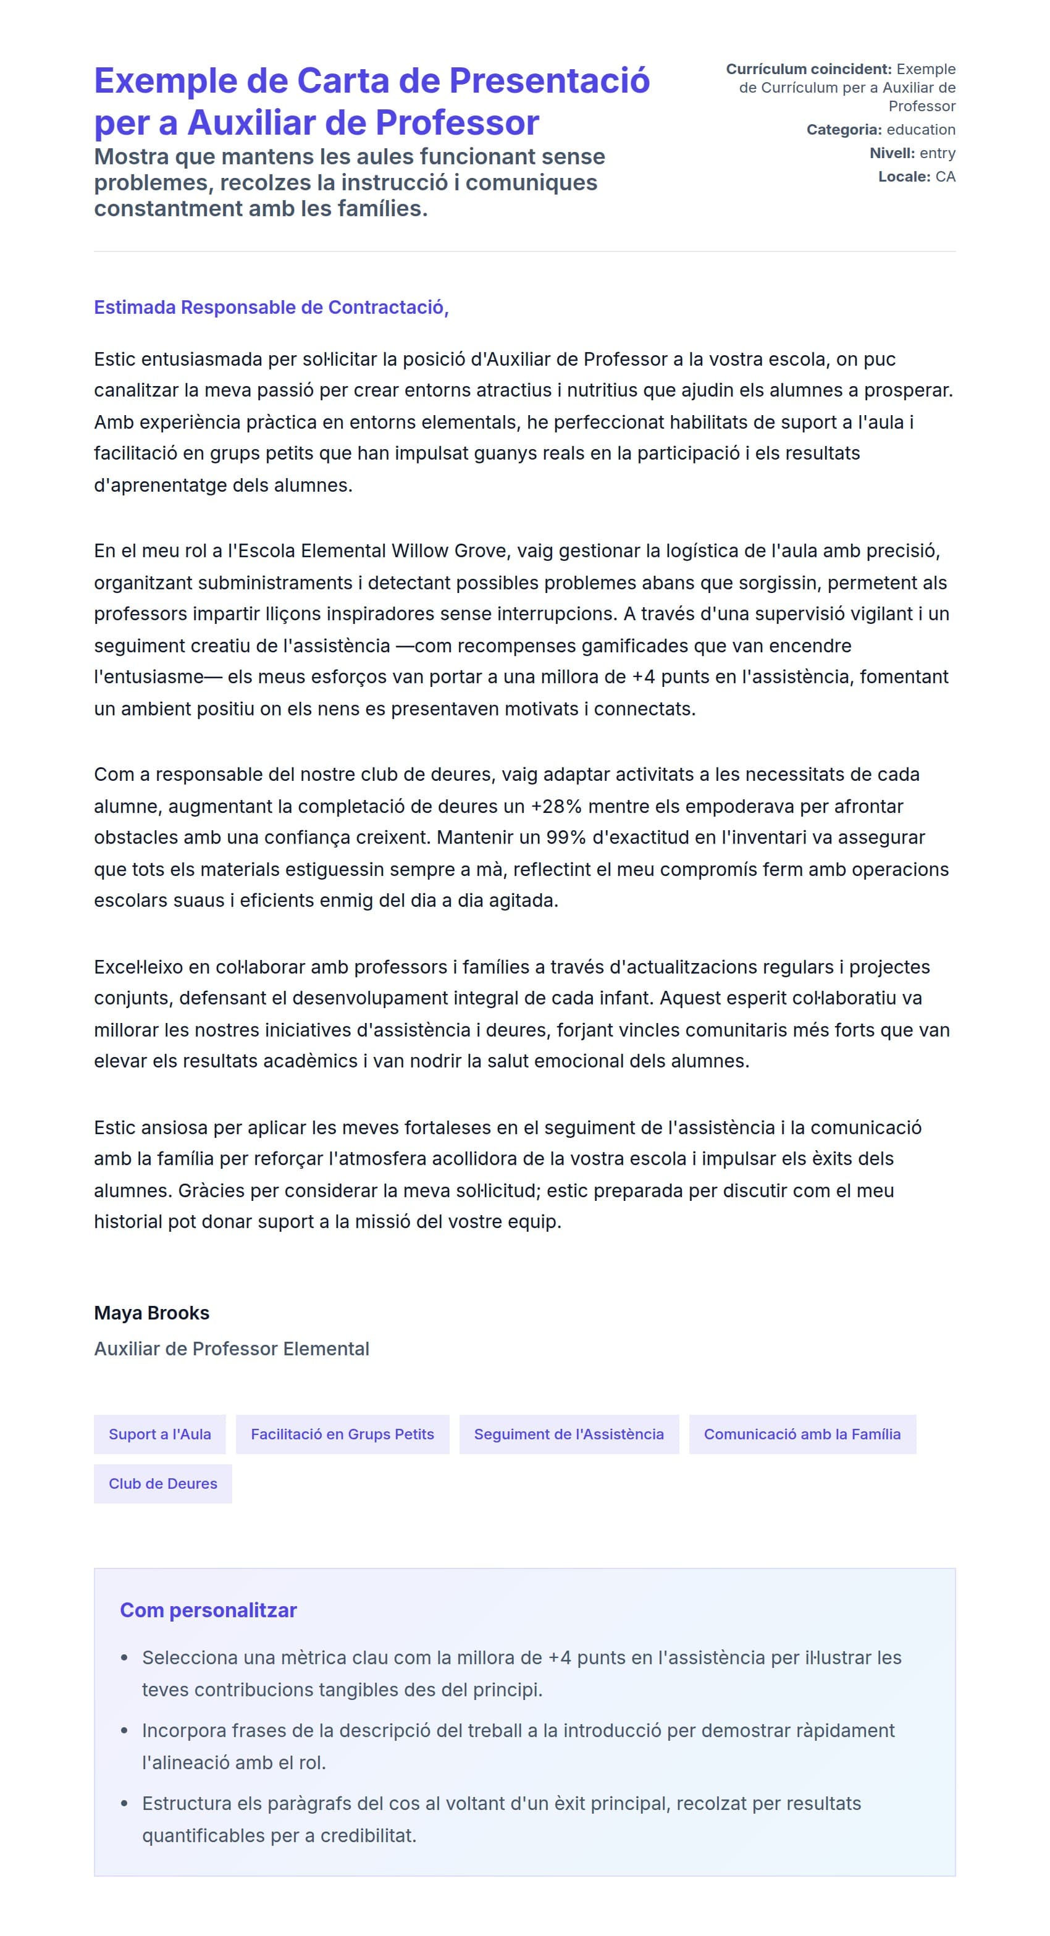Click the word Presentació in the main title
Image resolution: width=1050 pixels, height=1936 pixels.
coord(548,81)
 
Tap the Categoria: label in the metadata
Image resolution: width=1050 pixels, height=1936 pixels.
coord(843,130)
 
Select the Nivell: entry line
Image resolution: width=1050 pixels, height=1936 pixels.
coord(912,153)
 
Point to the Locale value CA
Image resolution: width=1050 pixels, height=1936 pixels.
coord(945,177)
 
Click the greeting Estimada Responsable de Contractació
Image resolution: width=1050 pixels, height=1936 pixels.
coord(271,308)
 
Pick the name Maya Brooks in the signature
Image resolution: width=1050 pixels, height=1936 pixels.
coord(151,1313)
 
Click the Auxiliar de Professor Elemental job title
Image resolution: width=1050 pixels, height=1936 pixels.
coord(232,1349)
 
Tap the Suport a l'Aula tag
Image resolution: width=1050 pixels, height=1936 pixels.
coord(160,1434)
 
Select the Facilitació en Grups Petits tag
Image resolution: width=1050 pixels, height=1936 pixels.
coord(342,1434)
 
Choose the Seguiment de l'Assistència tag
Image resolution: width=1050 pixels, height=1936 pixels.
coord(568,1434)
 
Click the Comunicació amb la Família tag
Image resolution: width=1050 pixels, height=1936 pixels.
coord(802,1434)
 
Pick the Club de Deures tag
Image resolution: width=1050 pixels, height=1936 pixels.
coord(162,1484)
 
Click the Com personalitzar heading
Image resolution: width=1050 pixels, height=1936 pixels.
coord(208,1610)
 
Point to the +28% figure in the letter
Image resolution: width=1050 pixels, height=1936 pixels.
coord(556,806)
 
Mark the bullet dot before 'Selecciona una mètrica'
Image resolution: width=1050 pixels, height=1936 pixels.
coord(125,1658)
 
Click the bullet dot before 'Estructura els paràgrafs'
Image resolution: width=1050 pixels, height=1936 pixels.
coord(125,1804)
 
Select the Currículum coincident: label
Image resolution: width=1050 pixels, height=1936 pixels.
coord(808,69)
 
